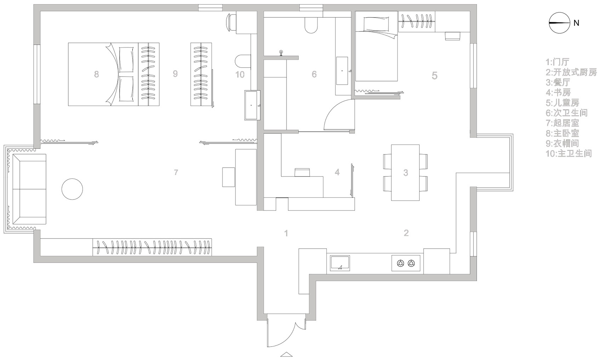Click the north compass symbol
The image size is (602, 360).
559,23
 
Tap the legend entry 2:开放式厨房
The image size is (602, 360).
571,72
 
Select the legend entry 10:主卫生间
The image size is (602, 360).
569,153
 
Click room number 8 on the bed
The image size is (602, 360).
96,74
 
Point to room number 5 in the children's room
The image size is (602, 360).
435,75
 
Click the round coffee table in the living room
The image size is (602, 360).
72,189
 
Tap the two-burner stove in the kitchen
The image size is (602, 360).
406,263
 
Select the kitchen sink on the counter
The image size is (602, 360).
340,263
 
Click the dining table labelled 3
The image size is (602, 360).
405,173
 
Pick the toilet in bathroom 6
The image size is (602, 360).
311,26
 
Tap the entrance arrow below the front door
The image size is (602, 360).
286,354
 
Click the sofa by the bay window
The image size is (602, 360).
29,189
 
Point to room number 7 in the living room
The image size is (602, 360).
176,172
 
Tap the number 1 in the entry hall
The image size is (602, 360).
286,233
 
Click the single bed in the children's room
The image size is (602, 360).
376,46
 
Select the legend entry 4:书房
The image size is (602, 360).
558,92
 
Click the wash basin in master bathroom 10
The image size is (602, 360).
252,105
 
